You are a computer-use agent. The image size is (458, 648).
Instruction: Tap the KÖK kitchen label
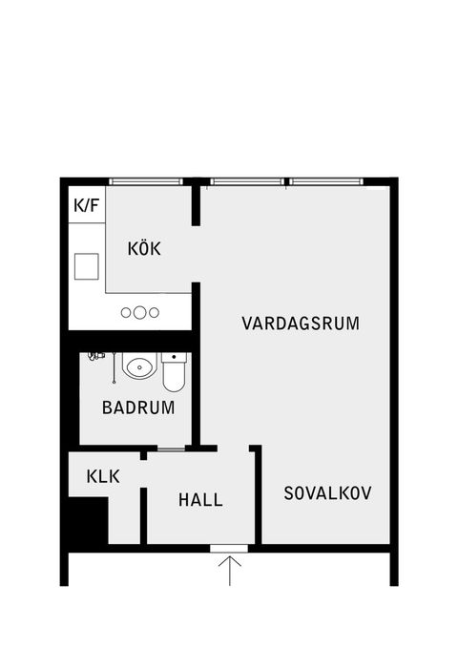pyautogui.click(x=145, y=249)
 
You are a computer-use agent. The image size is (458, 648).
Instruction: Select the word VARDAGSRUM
pyautogui.click(x=300, y=323)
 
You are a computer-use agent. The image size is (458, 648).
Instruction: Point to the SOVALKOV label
pyautogui.click(x=327, y=493)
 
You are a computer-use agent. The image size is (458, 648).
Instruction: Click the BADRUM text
pyautogui.click(x=138, y=407)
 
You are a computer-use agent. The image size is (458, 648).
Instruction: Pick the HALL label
pyautogui.click(x=200, y=499)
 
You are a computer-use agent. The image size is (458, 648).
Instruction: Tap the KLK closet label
pyautogui.click(x=102, y=476)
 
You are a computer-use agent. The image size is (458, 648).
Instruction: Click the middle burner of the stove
pyautogui.click(x=139, y=312)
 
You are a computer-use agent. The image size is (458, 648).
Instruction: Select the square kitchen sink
pyautogui.click(x=87, y=266)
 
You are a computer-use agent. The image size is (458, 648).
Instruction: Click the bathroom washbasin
pyautogui.click(x=139, y=367)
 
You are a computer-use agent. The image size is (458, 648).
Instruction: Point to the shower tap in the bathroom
pyautogui.click(x=94, y=356)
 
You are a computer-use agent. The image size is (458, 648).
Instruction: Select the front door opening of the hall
pyautogui.click(x=229, y=548)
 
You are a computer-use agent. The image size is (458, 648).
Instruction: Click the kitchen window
pyautogui.click(x=145, y=181)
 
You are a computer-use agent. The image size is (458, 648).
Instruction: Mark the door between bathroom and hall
pyautogui.click(x=170, y=448)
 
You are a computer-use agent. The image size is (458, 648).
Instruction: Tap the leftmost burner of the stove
pyautogui.click(x=126, y=312)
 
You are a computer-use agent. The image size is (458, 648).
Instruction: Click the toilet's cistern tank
pyautogui.click(x=173, y=358)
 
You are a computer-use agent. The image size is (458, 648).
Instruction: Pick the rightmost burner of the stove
pyautogui.click(x=153, y=312)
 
